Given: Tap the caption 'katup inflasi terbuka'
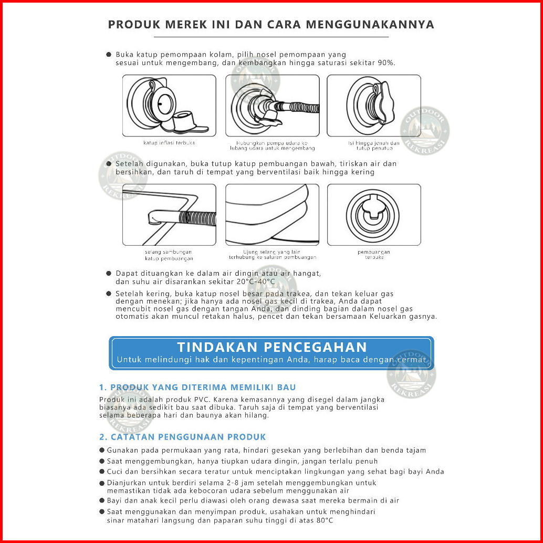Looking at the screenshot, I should [165, 143].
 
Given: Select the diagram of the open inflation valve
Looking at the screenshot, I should [169, 106].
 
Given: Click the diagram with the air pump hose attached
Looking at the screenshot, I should [272, 106].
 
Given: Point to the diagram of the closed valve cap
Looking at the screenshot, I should [373, 106].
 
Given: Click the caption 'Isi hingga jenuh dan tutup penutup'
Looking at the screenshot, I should [373, 145].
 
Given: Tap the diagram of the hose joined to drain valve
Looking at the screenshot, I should [169, 214].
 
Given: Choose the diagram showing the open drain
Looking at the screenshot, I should [373, 214].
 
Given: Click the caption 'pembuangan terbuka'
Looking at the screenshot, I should [373, 255].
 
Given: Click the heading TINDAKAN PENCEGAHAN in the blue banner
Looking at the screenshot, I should [271, 347].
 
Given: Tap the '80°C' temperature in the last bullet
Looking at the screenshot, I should [322, 520].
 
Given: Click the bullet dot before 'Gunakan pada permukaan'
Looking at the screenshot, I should [102, 451].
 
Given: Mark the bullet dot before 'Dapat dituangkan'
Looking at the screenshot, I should [109, 274].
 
